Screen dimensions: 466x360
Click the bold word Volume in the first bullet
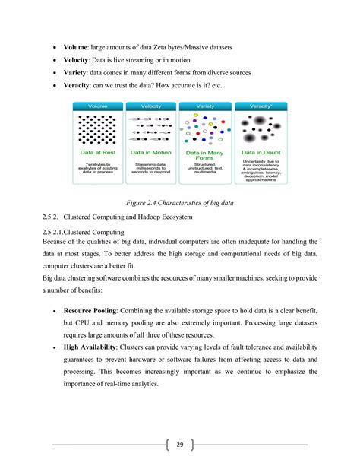pyautogui.click(x=78, y=49)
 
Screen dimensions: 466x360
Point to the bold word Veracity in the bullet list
pyautogui.click(x=80, y=85)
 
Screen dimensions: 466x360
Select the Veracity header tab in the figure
pyautogui.click(x=260, y=106)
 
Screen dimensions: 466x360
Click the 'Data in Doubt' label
pyautogui.click(x=260, y=152)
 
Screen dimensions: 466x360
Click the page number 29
pyautogui.click(x=180, y=445)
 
